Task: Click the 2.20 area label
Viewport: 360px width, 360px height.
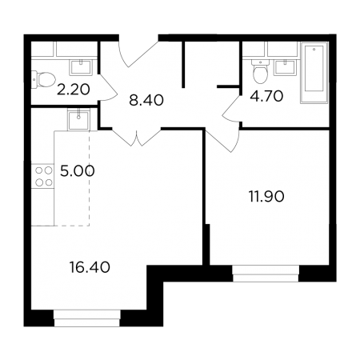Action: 74,90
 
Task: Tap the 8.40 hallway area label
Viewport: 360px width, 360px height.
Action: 146,101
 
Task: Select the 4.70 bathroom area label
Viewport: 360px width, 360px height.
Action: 266,96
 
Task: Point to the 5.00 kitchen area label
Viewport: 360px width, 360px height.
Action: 78,171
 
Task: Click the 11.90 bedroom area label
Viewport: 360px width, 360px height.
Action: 266,197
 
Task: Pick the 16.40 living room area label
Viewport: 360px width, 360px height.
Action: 90,267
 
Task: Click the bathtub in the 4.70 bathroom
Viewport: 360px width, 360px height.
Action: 314,73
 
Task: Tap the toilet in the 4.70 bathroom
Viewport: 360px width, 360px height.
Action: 260,71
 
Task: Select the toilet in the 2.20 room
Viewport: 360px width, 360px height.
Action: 43,79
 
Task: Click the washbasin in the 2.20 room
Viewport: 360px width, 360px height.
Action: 81,68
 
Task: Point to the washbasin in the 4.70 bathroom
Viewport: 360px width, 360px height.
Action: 285,67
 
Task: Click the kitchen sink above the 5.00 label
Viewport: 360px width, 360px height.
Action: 78,119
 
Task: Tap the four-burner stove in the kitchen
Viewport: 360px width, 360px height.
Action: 43,176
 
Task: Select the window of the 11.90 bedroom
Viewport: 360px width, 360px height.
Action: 266,274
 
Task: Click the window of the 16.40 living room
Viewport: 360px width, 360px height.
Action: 87,318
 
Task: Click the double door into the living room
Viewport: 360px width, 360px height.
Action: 137,138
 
